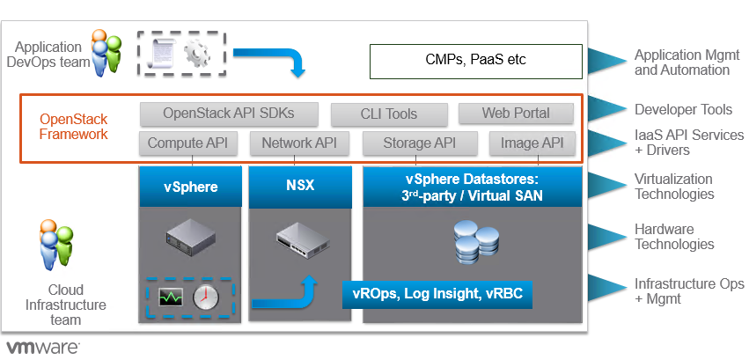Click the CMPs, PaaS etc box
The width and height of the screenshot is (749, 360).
pos(474,62)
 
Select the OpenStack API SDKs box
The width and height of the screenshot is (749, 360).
pos(228,114)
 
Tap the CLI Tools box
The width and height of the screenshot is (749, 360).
pos(389,114)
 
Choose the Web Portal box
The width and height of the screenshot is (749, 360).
pos(516,114)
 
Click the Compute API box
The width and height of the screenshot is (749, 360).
pos(187,143)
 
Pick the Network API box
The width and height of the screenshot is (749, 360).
pos(299,143)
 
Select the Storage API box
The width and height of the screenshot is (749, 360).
pos(420,143)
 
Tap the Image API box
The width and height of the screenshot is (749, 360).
pos(532,143)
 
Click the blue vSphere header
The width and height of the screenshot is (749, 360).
pos(190,187)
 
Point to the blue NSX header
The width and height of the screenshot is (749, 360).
pos(300,187)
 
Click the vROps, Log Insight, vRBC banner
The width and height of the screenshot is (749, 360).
pos(438,294)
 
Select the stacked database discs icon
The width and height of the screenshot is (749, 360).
pos(474,242)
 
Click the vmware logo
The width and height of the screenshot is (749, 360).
pos(43,345)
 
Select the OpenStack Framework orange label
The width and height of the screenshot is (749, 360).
pos(73,127)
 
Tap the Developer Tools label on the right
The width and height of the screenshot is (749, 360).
pos(683,110)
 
